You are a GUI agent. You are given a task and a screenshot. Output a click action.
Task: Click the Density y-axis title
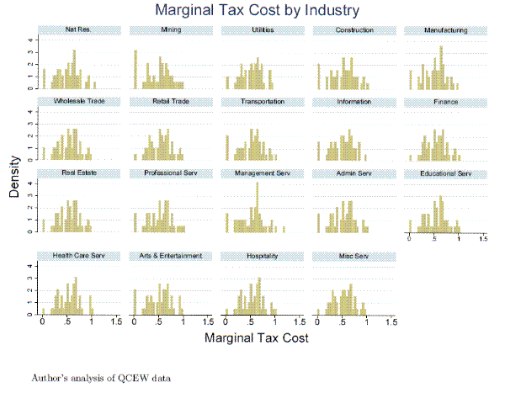pyautogui.click(x=15, y=180)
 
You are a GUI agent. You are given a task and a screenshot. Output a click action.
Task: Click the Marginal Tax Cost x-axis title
pyautogui.click(x=257, y=338)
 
